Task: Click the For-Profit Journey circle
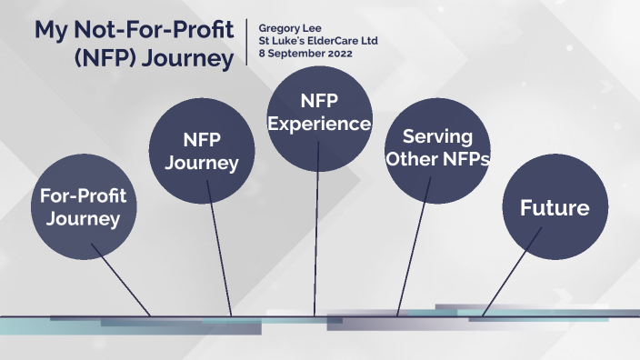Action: tap(83, 207)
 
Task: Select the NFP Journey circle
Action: tap(202, 152)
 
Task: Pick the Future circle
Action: tap(554, 208)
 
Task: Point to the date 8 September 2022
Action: tap(305, 54)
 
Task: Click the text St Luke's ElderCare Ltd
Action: tap(317, 41)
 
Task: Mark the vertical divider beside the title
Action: tap(247, 41)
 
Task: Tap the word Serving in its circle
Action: tap(437, 137)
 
